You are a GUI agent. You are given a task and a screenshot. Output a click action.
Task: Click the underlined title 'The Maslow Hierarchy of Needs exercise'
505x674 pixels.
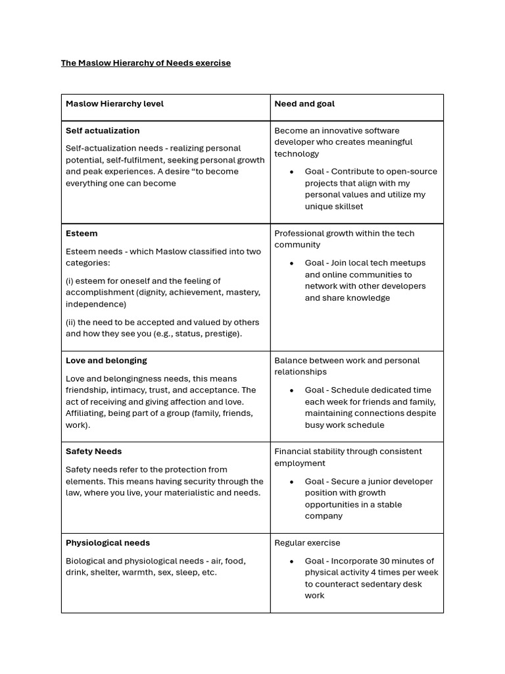tap(145, 63)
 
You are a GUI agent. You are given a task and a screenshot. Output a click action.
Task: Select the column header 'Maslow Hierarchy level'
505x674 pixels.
tap(114, 104)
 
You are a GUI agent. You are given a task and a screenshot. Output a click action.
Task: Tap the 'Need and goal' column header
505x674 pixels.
tap(304, 104)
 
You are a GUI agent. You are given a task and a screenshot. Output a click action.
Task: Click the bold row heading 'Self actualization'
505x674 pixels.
tap(103, 131)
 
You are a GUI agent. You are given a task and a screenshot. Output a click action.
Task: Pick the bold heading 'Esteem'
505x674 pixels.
tap(82, 234)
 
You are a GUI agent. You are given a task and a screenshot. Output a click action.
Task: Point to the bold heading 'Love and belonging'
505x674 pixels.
tap(106, 361)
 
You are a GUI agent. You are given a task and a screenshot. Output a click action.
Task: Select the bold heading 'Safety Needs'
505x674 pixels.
tap(93, 452)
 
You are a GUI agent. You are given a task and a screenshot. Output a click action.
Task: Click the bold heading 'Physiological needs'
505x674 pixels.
tap(108, 543)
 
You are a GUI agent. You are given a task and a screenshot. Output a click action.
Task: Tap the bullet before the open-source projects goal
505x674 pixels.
tap(291, 172)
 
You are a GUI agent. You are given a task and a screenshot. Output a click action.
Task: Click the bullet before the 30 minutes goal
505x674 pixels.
tap(291, 562)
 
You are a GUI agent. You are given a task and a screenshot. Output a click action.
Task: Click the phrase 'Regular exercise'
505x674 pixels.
tap(307, 543)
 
